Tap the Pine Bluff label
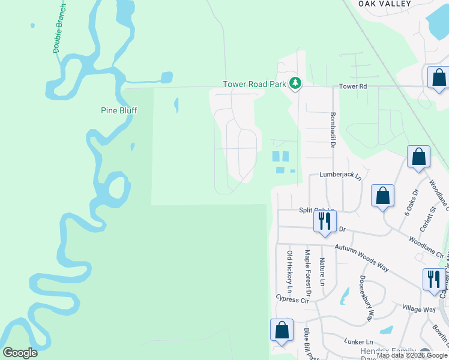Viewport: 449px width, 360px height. coord(118,110)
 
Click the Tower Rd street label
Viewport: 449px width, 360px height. coord(353,86)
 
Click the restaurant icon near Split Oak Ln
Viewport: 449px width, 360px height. coord(324,221)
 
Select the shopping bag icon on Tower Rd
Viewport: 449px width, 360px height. coord(439,78)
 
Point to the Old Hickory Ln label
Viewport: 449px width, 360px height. coord(289,271)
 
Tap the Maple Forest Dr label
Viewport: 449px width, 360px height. coord(307,274)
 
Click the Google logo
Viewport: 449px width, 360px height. coord(20,353)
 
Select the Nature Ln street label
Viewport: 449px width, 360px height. coord(322,271)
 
